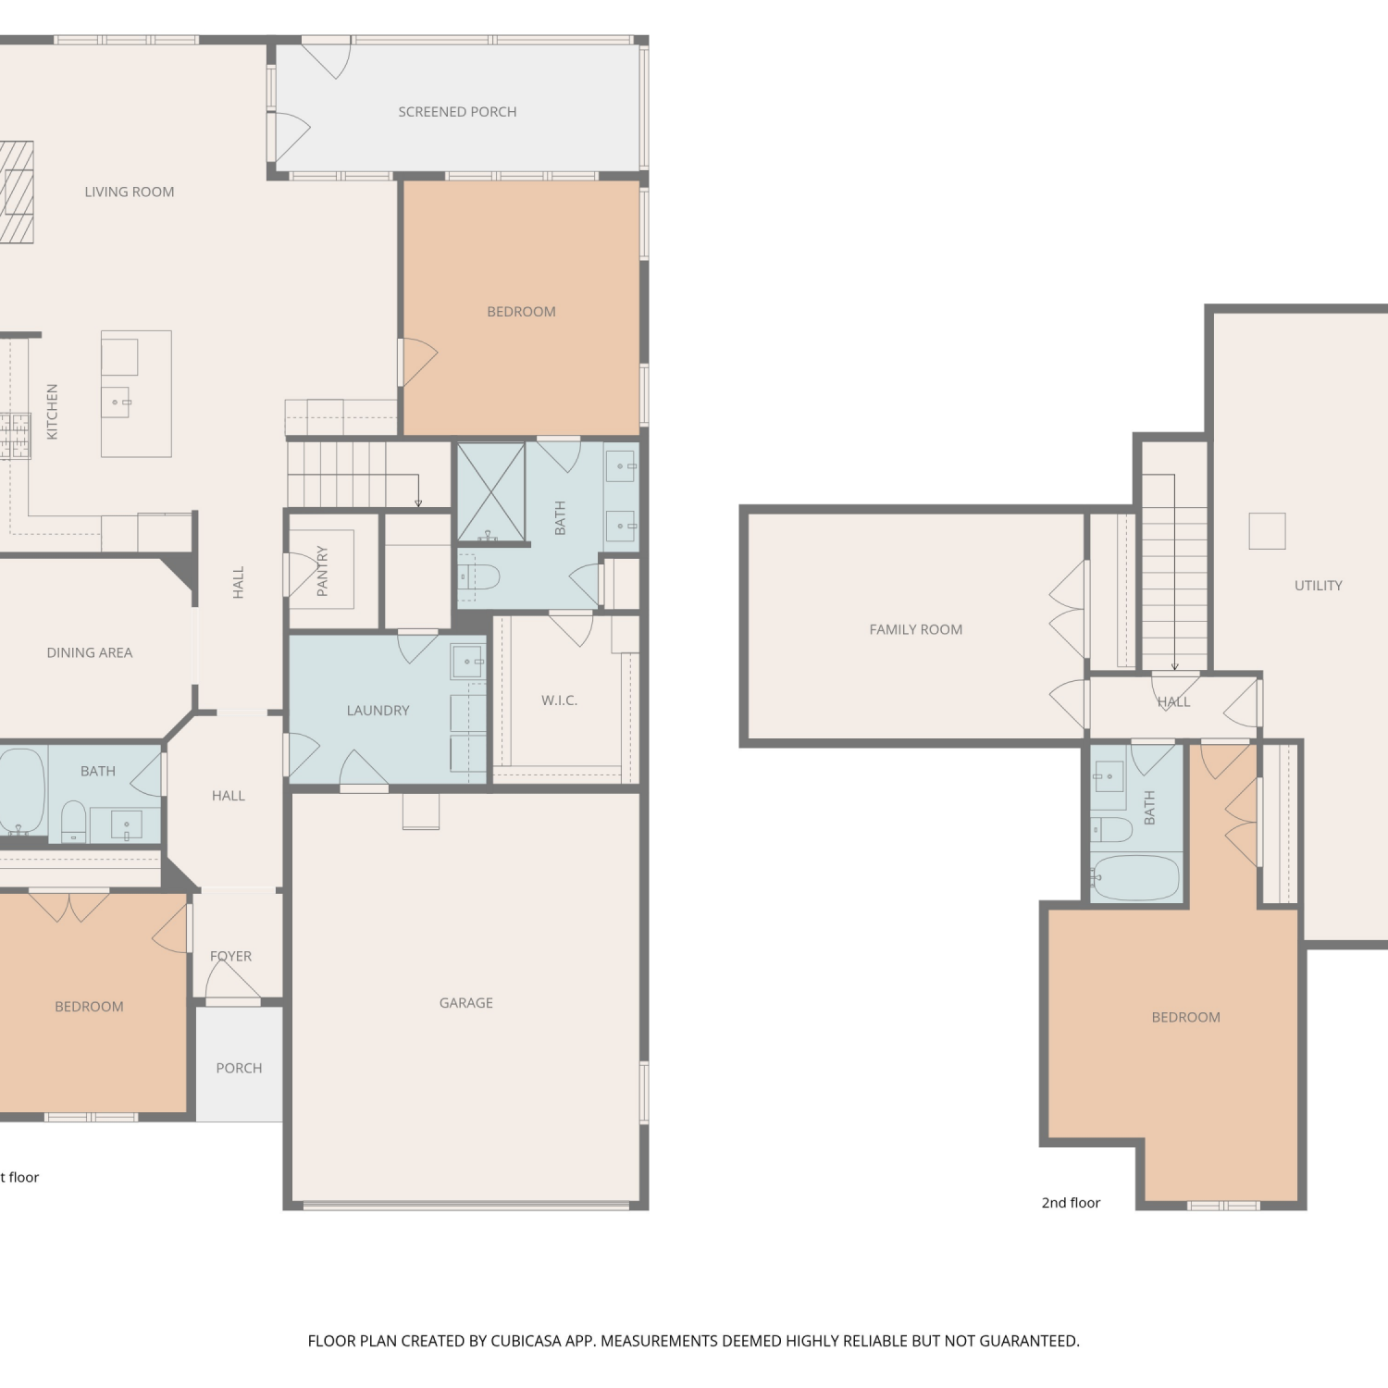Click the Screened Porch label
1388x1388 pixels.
(x=457, y=112)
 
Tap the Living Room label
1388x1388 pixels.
(x=130, y=192)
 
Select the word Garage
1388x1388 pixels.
(x=466, y=1003)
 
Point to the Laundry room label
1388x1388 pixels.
(x=378, y=711)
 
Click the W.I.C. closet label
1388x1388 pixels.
(x=559, y=700)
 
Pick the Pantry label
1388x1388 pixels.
(x=322, y=571)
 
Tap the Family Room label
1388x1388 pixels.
(x=916, y=629)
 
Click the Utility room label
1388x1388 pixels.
(x=1319, y=585)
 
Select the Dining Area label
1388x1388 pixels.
(x=90, y=652)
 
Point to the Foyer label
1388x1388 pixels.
(x=230, y=956)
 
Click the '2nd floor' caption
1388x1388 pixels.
(x=1071, y=1203)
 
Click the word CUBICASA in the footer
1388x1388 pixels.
(x=526, y=1341)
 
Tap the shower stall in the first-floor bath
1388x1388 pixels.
(x=491, y=492)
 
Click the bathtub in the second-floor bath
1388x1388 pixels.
(x=1135, y=877)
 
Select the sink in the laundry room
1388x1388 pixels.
(x=468, y=662)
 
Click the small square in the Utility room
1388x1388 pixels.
(x=1267, y=531)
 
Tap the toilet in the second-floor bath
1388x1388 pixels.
(x=1111, y=829)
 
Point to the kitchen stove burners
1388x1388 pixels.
(x=15, y=437)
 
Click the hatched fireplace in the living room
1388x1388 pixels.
(x=17, y=192)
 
